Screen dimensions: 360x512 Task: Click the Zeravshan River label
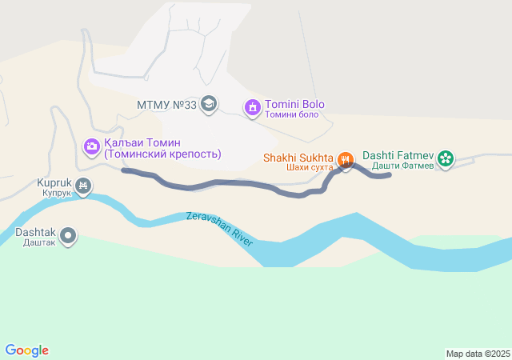point(219,228)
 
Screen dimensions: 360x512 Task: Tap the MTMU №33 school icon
point(209,104)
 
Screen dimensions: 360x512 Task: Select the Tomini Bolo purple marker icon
point(253,106)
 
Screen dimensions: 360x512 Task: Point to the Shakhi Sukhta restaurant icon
point(346,159)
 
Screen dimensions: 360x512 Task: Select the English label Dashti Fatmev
point(398,155)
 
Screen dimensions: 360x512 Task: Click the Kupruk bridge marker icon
point(83,187)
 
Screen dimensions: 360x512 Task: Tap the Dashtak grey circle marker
point(69,235)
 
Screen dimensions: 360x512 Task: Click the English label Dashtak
point(36,232)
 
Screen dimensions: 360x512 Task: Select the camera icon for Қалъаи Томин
point(91,146)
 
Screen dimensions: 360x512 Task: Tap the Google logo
point(26,350)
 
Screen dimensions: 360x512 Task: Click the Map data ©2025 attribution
point(478,354)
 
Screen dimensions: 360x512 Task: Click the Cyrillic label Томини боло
point(292,114)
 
